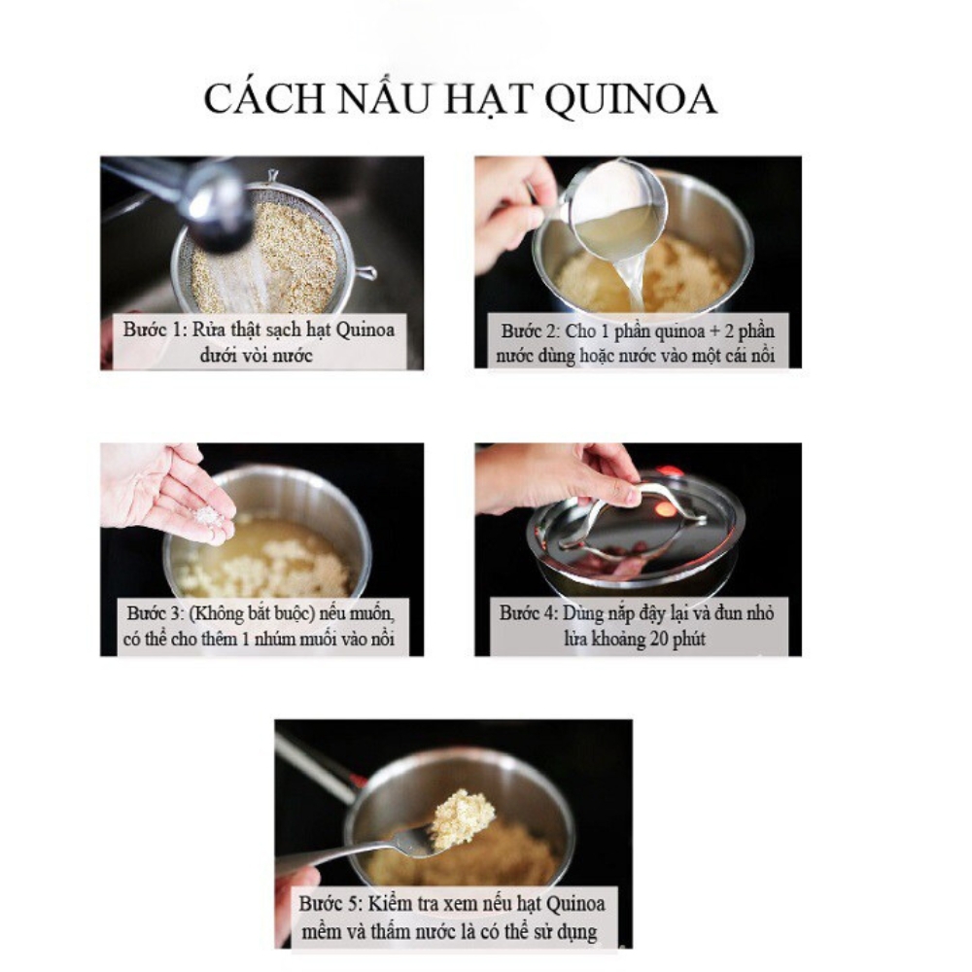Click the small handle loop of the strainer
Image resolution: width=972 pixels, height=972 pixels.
365,273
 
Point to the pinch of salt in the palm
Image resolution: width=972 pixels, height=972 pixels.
207,514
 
